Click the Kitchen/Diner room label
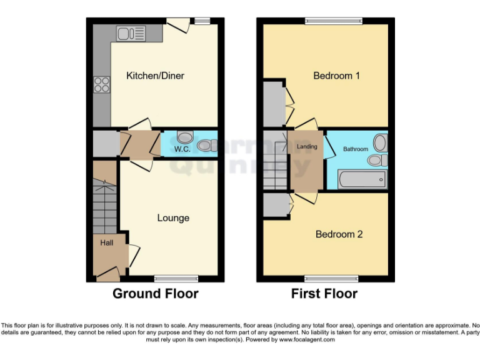coord(156,76)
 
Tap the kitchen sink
coord(130,33)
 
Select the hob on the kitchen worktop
coord(101,84)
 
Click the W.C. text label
coord(182,149)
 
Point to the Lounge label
coord(173,218)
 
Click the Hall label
coord(107,242)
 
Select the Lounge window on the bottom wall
coord(173,278)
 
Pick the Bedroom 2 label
coord(339,234)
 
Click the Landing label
coord(307,147)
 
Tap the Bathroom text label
coord(356,149)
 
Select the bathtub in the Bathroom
coord(362,179)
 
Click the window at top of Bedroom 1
coord(333,21)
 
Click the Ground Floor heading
coord(156,294)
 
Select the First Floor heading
coord(324,294)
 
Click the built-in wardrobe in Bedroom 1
coord(274,104)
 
